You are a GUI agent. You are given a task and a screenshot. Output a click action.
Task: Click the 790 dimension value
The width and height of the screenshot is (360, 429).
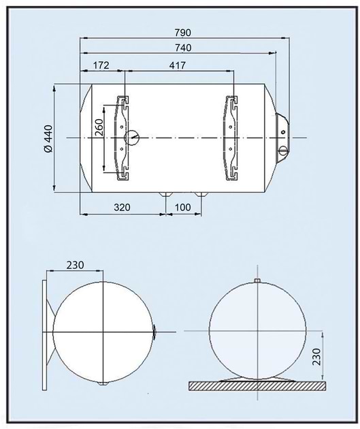(x=182, y=33)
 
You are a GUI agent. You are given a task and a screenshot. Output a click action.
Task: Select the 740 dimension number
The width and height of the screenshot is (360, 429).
(x=183, y=48)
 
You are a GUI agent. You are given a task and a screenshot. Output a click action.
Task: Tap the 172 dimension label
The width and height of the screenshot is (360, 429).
(x=101, y=65)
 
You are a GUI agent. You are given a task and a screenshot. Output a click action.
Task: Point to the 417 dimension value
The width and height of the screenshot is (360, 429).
(x=178, y=65)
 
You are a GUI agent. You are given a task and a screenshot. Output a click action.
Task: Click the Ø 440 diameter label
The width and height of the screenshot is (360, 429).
(x=48, y=139)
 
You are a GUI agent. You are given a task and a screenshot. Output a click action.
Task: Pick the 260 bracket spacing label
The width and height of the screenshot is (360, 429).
(x=99, y=127)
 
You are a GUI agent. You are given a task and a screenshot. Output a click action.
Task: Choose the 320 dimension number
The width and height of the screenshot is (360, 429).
(x=122, y=207)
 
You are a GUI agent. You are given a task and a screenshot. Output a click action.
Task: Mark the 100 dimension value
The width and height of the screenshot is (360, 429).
(x=182, y=207)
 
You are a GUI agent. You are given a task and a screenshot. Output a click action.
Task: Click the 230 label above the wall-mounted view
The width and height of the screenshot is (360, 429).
(x=75, y=265)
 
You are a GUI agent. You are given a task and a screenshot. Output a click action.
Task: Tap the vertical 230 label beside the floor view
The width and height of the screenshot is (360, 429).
(x=316, y=357)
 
